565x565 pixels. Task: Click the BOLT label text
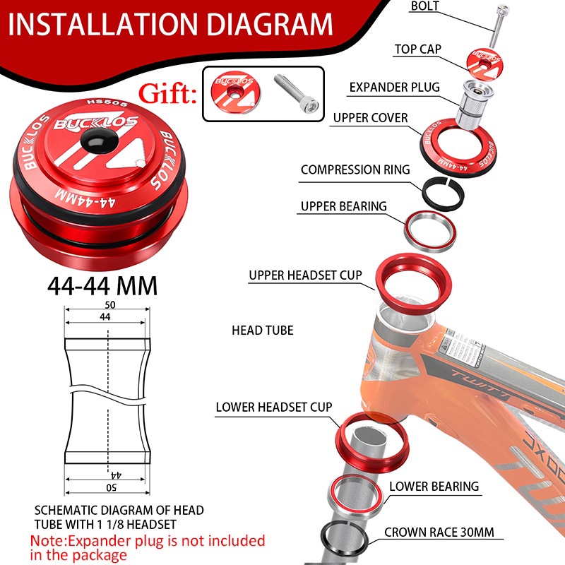coord(425,6)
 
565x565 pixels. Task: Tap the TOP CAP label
coord(418,49)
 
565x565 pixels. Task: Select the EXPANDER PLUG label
coord(395,87)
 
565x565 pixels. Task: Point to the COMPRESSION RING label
coord(355,169)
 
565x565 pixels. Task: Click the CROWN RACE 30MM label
coord(439,533)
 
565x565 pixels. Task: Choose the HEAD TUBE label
coord(262,331)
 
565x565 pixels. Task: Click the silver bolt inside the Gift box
coord(297,93)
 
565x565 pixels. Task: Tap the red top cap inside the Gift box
coord(236,92)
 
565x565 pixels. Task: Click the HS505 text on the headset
coord(107,103)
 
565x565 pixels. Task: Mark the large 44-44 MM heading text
coord(102,287)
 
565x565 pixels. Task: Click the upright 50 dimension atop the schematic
coord(110,305)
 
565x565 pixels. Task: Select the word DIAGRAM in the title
coord(270,25)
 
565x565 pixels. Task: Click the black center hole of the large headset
coord(99,139)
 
